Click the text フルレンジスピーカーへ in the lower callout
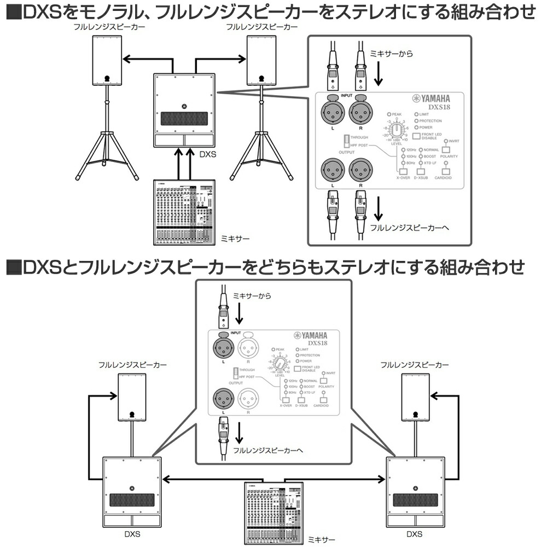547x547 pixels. [267, 451]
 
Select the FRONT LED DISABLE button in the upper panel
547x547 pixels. [418, 136]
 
